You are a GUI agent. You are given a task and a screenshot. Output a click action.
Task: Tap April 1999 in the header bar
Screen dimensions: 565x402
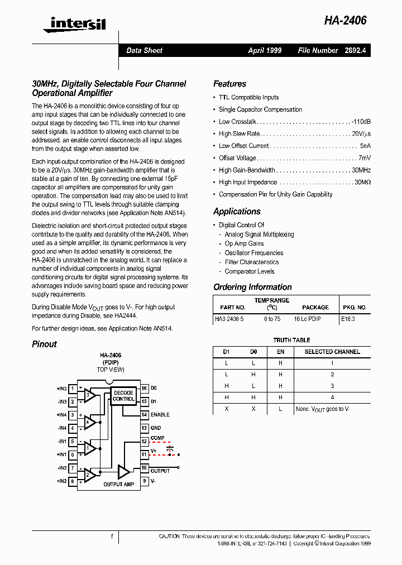click(265, 50)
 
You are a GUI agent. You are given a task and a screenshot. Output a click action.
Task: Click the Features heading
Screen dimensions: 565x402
click(229, 84)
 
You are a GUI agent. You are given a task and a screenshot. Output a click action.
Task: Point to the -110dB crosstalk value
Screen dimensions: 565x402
click(361, 122)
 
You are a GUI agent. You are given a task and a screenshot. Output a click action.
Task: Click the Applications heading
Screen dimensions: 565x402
click(237, 212)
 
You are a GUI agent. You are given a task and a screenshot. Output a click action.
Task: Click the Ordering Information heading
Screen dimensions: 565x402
click(252, 287)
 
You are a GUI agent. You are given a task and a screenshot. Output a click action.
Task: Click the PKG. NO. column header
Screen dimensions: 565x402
click(354, 307)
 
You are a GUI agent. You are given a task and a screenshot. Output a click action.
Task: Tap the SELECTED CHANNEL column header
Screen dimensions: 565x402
click(332, 352)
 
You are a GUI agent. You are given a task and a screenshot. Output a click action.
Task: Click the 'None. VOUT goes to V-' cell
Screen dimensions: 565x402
click(323, 409)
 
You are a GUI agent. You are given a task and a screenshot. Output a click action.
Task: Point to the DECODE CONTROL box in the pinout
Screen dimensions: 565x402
click(123, 396)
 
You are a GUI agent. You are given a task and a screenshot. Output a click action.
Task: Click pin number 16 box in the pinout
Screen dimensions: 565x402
click(144, 388)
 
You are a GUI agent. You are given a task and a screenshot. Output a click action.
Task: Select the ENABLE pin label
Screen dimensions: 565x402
click(160, 415)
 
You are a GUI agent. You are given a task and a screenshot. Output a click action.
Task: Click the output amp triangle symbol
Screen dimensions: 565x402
click(123, 472)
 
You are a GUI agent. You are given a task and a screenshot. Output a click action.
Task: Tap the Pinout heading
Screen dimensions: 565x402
click(44, 344)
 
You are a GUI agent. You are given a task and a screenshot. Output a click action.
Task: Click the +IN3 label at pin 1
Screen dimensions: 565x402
click(61, 389)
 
